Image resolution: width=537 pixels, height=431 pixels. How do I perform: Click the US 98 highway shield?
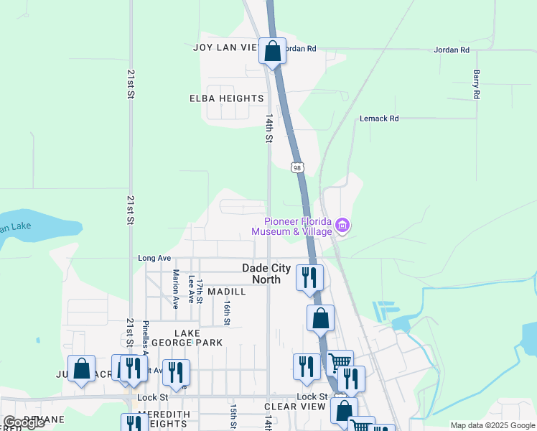click(297, 167)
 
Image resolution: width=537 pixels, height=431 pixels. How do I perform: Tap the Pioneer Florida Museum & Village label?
click(291, 226)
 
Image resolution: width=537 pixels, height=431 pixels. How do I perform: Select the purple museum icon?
click(342, 226)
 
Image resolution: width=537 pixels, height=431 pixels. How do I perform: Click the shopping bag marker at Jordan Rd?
click(272, 52)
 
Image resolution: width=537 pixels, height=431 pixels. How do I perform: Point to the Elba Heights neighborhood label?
click(227, 98)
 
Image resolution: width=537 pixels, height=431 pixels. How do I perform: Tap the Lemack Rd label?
click(379, 119)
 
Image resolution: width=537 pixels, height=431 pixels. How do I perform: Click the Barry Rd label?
click(476, 84)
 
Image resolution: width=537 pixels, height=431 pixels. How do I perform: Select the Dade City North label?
click(266, 274)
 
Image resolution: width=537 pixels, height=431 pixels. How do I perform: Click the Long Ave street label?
click(154, 258)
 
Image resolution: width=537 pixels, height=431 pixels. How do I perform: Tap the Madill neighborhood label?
click(227, 292)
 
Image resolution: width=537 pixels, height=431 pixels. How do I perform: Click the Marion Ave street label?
click(176, 289)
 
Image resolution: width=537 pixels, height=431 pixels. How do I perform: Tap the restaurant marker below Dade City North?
click(310, 278)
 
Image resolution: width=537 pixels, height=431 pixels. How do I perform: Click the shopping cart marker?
click(339, 361)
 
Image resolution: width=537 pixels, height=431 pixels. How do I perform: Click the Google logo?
click(24, 422)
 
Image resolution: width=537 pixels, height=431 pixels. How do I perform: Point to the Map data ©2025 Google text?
click(492, 425)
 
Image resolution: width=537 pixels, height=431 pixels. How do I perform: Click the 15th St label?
click(234, 415)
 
